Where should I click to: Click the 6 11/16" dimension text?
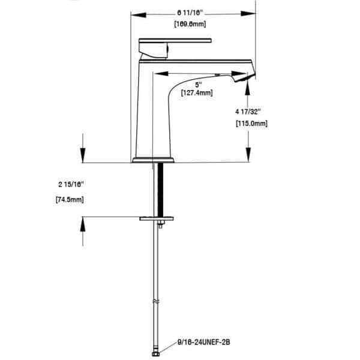coord(190,13)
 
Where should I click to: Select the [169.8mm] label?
coord(190,24)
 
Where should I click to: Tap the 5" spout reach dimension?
coord(199,85)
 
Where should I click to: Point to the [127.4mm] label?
coord(197,93)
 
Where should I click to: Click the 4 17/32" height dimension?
coord(248,112)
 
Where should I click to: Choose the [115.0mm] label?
coord(251,124)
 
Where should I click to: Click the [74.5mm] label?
coord(70,200)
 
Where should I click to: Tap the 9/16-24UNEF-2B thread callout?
coord(203,343)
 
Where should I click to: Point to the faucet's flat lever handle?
coord(175,41)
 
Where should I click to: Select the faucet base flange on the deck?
coord(153,160)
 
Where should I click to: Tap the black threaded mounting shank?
coord(160,190)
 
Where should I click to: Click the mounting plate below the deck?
coord(156,218)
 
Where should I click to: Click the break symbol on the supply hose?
coord(156,301)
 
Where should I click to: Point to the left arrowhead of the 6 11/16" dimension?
coord(139,15)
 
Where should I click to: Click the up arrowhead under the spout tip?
coord(247,88)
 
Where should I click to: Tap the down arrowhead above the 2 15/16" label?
coord(83,155)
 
